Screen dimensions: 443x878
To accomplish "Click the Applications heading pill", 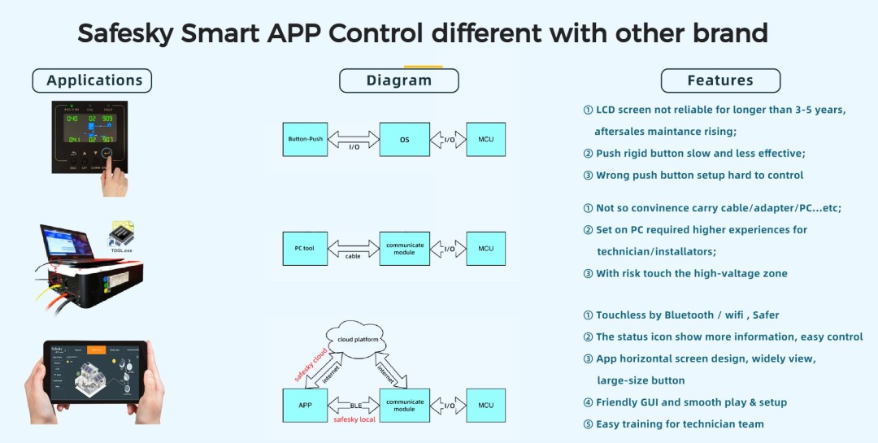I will point(92,80).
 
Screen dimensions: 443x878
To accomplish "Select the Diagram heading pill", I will point(398,80).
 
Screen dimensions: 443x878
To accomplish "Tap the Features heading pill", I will point(720,80).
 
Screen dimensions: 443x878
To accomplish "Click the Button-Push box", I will point(305,139).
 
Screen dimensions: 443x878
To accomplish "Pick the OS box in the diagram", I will point(404,139).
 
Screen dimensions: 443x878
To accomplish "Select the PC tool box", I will point(304,248).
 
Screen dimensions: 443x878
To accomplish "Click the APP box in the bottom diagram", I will point(304,405).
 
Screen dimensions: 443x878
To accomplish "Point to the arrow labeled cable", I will point(353,248).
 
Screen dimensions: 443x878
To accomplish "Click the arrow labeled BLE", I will point(354,404).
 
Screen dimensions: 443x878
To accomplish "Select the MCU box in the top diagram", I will point(485,139).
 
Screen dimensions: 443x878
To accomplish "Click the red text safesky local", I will point(354,419).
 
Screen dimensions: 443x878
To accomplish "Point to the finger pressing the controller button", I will point(114,180).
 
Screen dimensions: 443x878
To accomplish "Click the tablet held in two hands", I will point(94,375).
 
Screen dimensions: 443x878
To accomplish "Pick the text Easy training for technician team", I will point(680,424).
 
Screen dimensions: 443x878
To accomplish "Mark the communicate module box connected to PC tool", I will point(404,248).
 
